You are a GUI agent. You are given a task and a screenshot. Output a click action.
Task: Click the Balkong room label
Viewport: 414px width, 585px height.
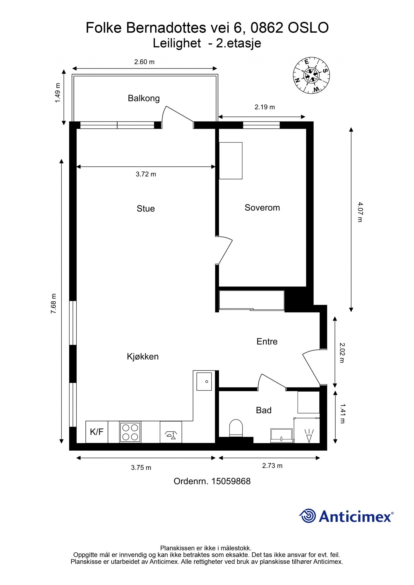[144, 98]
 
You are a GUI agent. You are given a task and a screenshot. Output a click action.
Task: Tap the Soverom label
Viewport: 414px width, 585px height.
[262, 208]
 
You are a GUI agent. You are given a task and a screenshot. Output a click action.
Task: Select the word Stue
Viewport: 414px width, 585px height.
[146, 208]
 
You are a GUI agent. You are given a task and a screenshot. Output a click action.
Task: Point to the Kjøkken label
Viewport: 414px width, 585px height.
[143, 356]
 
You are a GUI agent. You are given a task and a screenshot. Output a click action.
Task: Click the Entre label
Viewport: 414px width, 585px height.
[267, 341]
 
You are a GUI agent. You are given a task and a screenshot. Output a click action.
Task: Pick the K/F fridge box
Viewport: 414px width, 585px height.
[97, 432]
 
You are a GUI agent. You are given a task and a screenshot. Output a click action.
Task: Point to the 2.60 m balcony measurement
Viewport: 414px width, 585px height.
[144, 62]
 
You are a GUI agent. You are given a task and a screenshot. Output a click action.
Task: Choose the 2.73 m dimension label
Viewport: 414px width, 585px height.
[272, 466]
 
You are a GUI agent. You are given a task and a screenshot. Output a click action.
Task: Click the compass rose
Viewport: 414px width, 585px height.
[311, 75]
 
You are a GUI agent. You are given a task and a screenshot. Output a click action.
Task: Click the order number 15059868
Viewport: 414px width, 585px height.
[231, 481]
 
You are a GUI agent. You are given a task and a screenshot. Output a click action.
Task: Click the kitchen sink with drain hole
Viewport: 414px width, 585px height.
[204, 381]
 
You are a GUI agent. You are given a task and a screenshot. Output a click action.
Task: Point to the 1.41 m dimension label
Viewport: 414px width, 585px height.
[342, 414]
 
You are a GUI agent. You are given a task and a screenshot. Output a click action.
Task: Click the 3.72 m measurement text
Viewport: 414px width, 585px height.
[146, 174]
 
